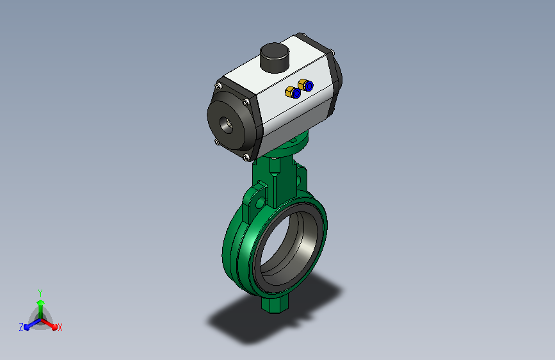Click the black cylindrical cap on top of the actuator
tap(275, 58)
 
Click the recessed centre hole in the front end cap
tap(227, 125)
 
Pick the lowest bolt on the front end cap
tap(246, 157)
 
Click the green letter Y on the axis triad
tap(40, 293)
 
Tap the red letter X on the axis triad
tap(60, 328)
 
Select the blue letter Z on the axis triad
tap(21, 327)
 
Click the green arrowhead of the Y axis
tap(41, 302)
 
